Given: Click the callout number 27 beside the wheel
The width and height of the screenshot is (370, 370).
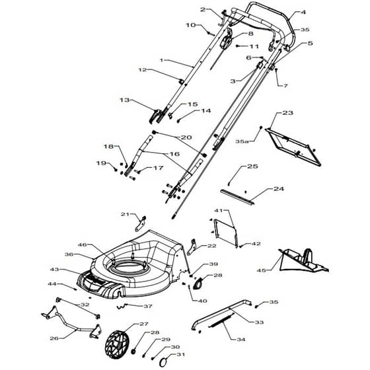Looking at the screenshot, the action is coord(144,324).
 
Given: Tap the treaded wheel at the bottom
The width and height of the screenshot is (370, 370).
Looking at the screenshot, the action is coord(116,344).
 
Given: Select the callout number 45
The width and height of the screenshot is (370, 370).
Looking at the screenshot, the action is coord(262,270).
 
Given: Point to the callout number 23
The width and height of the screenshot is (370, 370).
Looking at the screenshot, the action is coord(287,113).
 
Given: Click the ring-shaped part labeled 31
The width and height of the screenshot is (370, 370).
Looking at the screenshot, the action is coord(163,361).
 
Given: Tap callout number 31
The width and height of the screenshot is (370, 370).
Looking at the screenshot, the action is coord(181,354).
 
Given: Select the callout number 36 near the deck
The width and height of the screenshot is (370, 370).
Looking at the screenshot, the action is coord(69,254).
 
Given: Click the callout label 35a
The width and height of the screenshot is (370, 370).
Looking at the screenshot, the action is coord(242,141).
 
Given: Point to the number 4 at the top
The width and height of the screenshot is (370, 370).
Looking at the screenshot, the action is coord(303,12).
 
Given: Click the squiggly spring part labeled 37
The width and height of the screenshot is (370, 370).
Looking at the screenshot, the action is coord(122,306).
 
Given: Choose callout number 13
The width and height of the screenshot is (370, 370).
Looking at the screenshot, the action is coord(125,100).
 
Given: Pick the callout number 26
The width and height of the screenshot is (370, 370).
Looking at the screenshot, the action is coord(54,338).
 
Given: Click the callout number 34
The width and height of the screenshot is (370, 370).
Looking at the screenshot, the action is coord(241,340).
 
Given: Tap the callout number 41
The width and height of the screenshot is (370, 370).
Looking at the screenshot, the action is coord(218,210).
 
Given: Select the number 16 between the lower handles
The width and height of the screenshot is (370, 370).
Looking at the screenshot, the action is coord(175,154).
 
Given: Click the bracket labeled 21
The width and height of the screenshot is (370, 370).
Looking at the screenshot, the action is coord(141,223).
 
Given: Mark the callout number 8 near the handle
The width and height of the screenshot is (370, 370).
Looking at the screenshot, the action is coord(250,34).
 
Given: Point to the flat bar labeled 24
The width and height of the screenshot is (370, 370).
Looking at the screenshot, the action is coord(238,197).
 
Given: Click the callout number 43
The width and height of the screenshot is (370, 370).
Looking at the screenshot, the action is coord(54,270).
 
